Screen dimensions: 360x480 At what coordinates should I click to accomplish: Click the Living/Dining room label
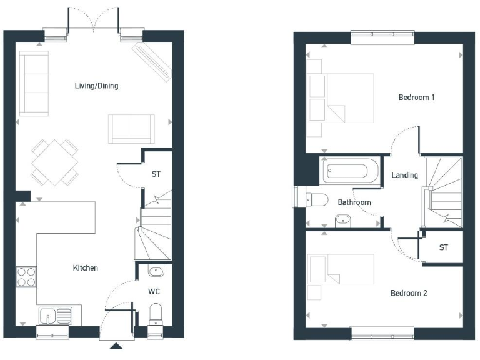(x=96, y=86)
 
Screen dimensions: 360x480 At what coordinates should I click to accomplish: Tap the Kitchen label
(x=86, y=268)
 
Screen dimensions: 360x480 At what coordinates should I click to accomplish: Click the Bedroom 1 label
(x=416, y=97)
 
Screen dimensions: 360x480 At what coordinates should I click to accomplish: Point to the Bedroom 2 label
(x=408, y=293)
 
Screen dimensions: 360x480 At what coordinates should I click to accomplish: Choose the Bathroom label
(x=354, y=202)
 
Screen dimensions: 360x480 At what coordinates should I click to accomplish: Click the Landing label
(x=404, y=176)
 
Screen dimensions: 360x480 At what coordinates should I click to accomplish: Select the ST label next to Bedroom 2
(x=443, y=247)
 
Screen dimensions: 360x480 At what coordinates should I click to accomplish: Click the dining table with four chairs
(x=56, y=162)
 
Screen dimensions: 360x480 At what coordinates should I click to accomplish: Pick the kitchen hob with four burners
(x=26, y=276)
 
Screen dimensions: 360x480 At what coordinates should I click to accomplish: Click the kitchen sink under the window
(x=55, y=315)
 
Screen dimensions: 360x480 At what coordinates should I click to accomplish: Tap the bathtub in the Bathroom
(x=349, y=171)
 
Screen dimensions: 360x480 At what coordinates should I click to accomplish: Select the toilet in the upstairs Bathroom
(x=317, y=200)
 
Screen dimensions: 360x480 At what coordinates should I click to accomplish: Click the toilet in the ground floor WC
(x=156, y=314)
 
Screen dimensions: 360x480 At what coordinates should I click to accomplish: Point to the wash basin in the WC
(x=156, y=271)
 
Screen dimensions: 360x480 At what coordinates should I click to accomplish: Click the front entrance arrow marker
(x=116, y=346)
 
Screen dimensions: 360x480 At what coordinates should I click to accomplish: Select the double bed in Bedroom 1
(x=340, y=98)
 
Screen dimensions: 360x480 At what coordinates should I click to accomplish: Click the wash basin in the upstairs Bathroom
(x=343, y=220)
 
